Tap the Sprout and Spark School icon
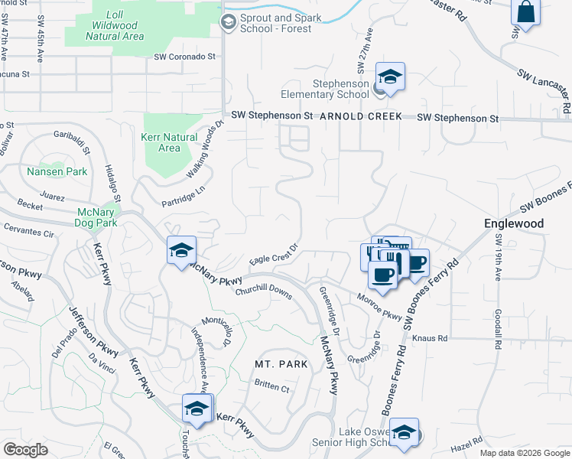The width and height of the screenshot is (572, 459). click(228, 22)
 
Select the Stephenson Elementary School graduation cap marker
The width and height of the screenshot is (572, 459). click(390, 77)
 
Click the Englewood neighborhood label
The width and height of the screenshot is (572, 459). click(514, 223)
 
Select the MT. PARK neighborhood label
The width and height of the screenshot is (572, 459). click(282, 364)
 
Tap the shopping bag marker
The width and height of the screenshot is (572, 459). click(525, 13)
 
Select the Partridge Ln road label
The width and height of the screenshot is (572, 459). click(184, 197)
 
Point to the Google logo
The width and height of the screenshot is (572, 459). click(25, 450)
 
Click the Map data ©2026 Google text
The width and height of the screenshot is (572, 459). click(524, 453)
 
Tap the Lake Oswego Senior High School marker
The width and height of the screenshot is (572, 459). click(403, 433)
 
